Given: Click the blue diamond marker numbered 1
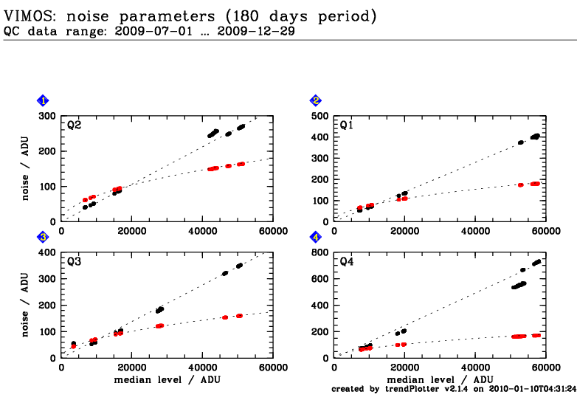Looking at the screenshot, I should point(44,100).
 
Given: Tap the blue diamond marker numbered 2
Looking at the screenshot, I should point(316,100).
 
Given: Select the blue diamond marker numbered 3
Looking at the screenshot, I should point(44,237).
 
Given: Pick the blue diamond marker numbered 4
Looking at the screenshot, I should point(316,237).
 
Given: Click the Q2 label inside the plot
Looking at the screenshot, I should point(74,125).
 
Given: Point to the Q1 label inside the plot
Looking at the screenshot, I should point(347,125).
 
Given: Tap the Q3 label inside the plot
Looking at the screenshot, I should point(74,262).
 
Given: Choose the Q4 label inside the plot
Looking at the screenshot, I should point(347,262).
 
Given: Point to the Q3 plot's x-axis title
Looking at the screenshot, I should point(167,379).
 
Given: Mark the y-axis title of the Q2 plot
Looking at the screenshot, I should point(24,168).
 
